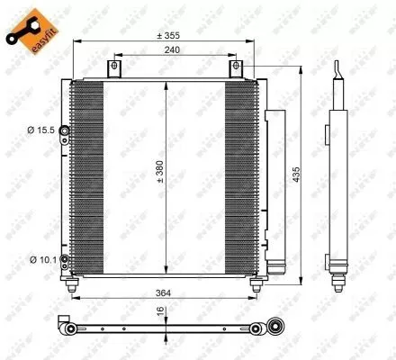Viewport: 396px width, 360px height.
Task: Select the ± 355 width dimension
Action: pyautogui.click(x=166, y=35)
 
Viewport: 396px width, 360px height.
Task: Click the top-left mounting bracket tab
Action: pyautogui.click(x=112, y=68)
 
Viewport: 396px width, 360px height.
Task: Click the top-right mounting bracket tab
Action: pyautogui.click(x=237, y=68)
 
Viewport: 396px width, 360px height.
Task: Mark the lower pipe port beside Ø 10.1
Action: pyautogui.click(x=65, y=262)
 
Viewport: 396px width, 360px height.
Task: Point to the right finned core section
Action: pyautogui.click(x=239, y=176)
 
